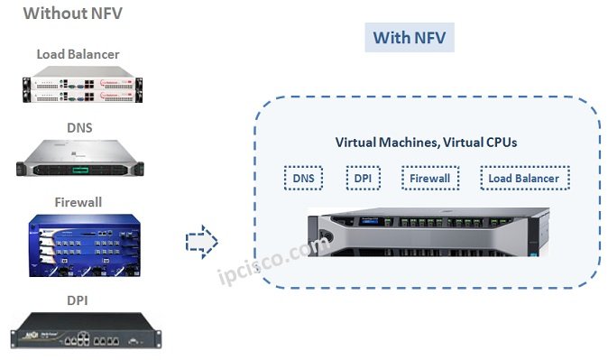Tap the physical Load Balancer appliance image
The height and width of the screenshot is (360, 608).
pyautogui.click(x=78, y=87)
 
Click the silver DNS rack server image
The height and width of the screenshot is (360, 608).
pyautogui.click(x=78, y=161)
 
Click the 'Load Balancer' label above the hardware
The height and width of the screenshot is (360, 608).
pyautogui.click(x=78, y=54)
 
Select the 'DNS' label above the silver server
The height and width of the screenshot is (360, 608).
pyautogui.click(x=78, y=127)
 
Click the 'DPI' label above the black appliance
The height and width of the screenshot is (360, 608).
pyautogui.click(x=78, y=299)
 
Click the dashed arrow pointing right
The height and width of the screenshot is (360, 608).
pyautogui.click(x=204, y=242)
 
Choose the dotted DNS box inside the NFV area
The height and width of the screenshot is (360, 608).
pyautogui.click(x=303, y=179)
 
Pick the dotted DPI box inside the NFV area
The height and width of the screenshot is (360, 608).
pyautogui.click(x=363, y=179)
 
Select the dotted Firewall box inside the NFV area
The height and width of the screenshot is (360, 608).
pyautogui.click(x=429, y=179)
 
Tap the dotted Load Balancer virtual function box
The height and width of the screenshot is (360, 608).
pyautogui.click(x=524, y=179)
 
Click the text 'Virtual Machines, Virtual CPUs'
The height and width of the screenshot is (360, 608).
pyautogui.click(x=426, y=143)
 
